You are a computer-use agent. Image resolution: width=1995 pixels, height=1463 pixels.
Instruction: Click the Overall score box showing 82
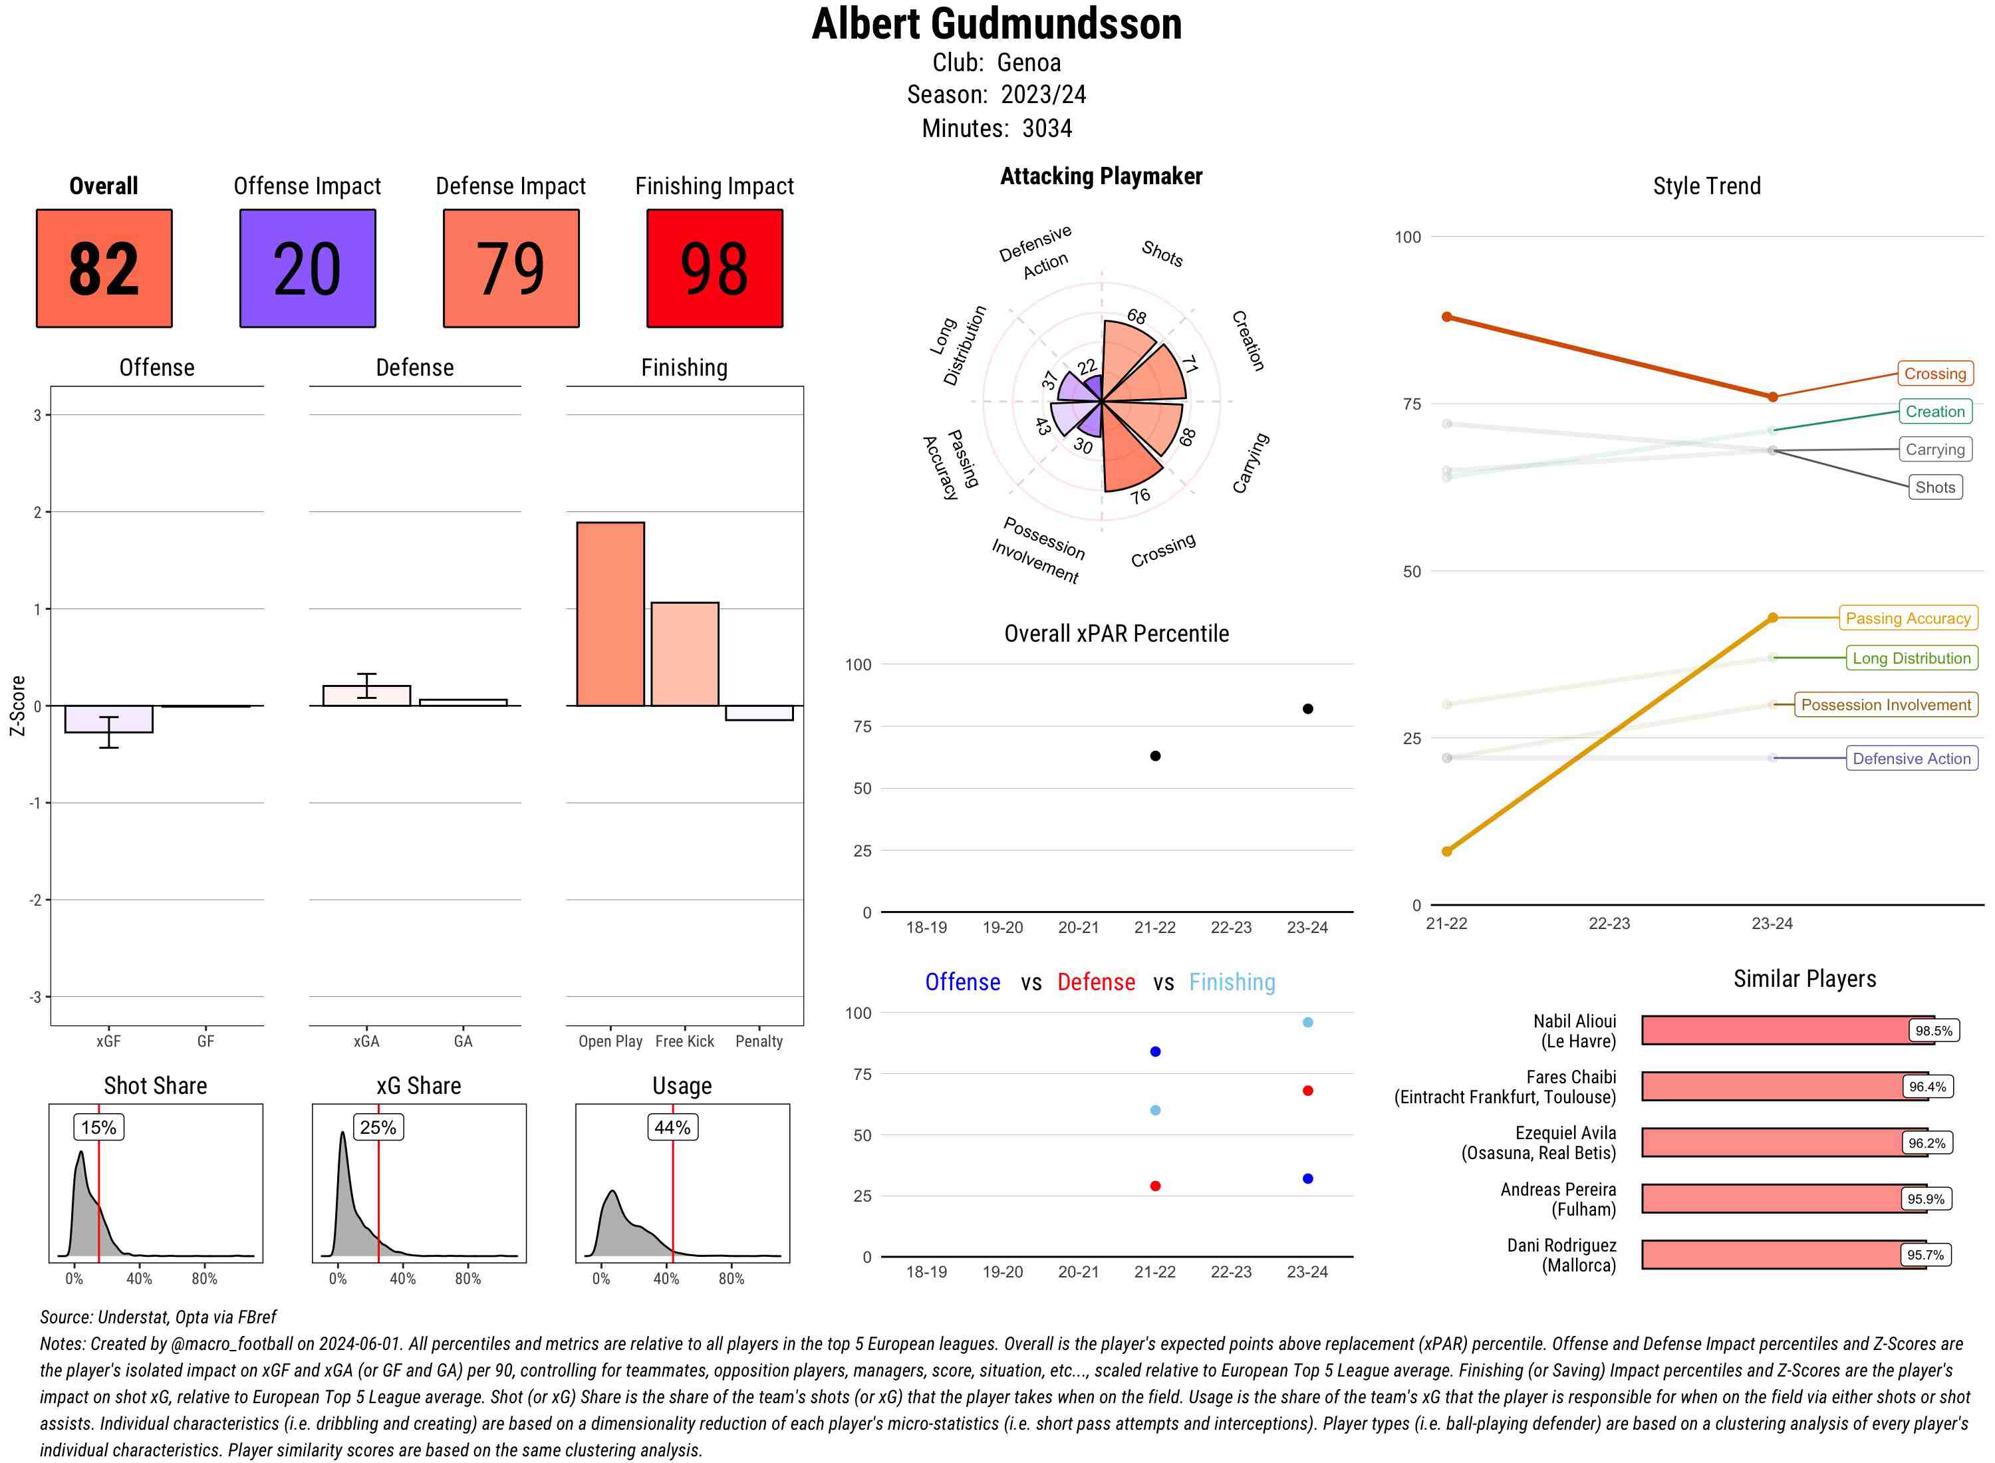(x=104, y=269)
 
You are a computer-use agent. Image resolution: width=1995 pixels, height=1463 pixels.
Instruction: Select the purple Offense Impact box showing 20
(x=307, y=269)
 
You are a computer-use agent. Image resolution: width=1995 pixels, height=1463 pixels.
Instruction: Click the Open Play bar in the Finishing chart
(x=610, y=614)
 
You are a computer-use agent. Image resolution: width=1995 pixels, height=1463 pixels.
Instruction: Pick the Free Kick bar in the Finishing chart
(x=684, y=654)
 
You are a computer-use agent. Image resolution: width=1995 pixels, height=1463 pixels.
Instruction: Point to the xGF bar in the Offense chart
(x=109, y=719)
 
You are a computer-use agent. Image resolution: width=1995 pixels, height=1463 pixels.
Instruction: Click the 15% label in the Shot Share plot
(x=98, y=1127)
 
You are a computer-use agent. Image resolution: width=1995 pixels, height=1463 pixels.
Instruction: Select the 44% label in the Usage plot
(x=672, y=1127)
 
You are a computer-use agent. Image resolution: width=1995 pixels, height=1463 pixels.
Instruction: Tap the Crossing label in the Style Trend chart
(x=1934, y=374)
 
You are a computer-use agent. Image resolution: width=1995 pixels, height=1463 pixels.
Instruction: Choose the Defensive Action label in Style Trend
(x=1911, y=759)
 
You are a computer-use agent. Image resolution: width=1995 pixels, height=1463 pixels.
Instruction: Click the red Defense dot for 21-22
(x=1154, y=1186)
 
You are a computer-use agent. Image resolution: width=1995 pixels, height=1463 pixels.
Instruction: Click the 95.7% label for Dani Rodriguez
(x=1925, y=1255)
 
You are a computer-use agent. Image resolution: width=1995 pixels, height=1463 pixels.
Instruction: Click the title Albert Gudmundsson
(x=996, y=24)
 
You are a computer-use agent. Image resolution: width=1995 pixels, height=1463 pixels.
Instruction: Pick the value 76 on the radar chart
(x=1140, y=496)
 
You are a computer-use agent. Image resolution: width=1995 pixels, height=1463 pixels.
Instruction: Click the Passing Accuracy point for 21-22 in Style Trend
(x=1447, y=851)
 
